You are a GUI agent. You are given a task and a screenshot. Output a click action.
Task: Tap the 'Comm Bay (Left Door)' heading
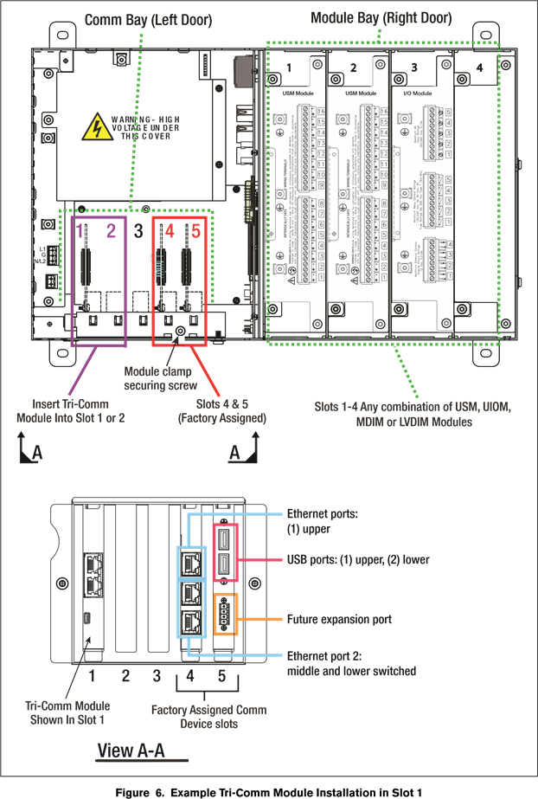pos(148,19)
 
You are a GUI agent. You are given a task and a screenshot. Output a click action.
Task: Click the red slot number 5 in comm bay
pos(195,231)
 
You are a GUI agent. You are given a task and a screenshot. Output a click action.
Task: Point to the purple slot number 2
pos(111,231)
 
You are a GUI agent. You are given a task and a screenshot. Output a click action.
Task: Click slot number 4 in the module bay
pos(479,68)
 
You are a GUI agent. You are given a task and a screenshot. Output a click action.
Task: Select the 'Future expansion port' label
pos(339,620)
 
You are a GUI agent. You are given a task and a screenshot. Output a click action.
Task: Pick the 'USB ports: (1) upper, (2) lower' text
pos(358,560)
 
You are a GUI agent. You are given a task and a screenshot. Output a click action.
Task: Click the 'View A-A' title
pos(131,750)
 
